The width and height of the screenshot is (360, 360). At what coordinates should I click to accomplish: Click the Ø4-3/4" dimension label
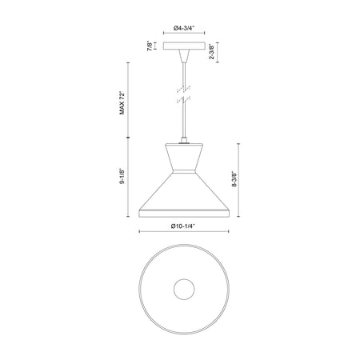[184, 28]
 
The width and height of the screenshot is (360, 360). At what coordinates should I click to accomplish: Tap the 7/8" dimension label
[150, 46]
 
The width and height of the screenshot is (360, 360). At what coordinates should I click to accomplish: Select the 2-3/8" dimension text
[211, 52]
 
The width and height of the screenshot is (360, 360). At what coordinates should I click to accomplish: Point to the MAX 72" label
[122, 103]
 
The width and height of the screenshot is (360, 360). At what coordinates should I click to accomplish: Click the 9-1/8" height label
[122, 176]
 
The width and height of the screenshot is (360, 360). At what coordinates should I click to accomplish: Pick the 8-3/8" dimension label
[234, 178]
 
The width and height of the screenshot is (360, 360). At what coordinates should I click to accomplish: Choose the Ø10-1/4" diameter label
[183, 226]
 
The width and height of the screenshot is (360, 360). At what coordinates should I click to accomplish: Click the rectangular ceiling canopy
[184, 46]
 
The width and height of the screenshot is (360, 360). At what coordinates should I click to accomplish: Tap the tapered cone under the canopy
[184, 56]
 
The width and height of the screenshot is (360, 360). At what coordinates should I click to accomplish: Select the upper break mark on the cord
[183, 89]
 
